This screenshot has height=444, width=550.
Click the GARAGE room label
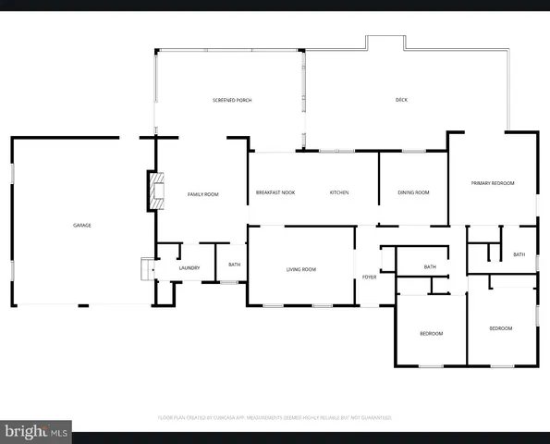pos(82,225)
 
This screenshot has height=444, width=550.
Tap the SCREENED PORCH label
pos(232,100)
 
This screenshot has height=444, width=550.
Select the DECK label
pos(401,100)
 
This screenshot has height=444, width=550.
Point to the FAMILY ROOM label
pos(203,194)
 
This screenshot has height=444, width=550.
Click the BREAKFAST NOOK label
pos(275,192)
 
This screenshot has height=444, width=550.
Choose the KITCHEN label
pos(339,192)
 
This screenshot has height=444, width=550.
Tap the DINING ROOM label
pos(413,192)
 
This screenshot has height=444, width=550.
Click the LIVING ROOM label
pos(300,269)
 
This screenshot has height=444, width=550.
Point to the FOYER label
pos(369,277)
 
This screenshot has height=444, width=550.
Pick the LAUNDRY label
pos(189,268)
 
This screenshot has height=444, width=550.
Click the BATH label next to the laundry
pos(235,265)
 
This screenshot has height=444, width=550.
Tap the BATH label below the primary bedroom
pos(519,254)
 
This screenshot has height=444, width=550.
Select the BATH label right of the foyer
pos(430,267)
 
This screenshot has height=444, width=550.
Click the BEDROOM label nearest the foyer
pos(432,333)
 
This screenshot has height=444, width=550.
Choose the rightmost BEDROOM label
pos(500,328)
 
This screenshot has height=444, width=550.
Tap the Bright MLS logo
pos(37,432)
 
